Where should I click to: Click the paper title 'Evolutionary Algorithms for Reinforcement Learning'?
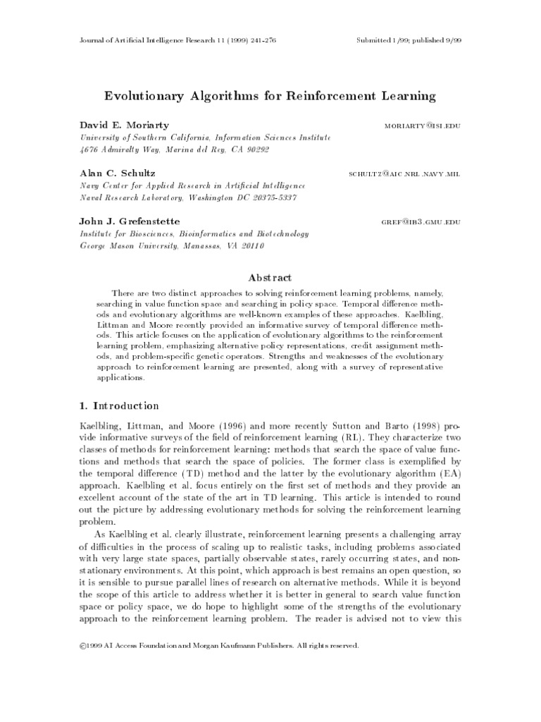[270, 95]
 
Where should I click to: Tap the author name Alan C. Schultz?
[117, 173]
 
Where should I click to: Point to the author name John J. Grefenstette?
[130, 221]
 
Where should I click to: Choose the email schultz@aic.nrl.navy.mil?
[405, 174]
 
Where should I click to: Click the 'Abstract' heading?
[270, 278]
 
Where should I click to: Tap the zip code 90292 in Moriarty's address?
[256, 149]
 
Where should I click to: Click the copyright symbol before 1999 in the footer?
[82, 644]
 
